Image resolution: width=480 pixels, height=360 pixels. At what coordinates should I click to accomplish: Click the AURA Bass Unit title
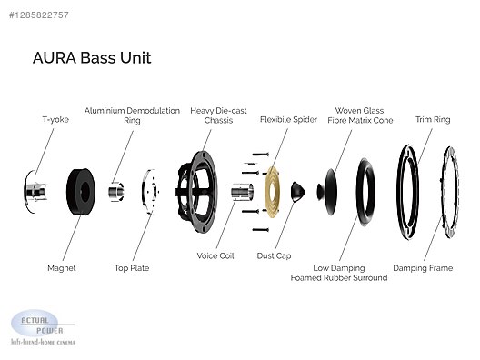92,57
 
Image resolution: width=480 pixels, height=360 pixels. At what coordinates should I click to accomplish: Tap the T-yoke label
55,119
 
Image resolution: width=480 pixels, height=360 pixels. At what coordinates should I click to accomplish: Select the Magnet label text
62,268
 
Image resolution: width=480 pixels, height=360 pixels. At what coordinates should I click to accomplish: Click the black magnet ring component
81,192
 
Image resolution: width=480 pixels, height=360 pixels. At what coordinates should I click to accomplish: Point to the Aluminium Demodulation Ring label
132,115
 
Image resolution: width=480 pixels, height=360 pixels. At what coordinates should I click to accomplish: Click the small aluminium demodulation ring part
116,192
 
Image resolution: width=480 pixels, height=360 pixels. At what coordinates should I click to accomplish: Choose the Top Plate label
132,268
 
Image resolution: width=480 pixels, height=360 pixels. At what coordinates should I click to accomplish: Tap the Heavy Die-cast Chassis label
218,115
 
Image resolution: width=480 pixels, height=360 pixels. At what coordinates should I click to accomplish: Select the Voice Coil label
215,256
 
